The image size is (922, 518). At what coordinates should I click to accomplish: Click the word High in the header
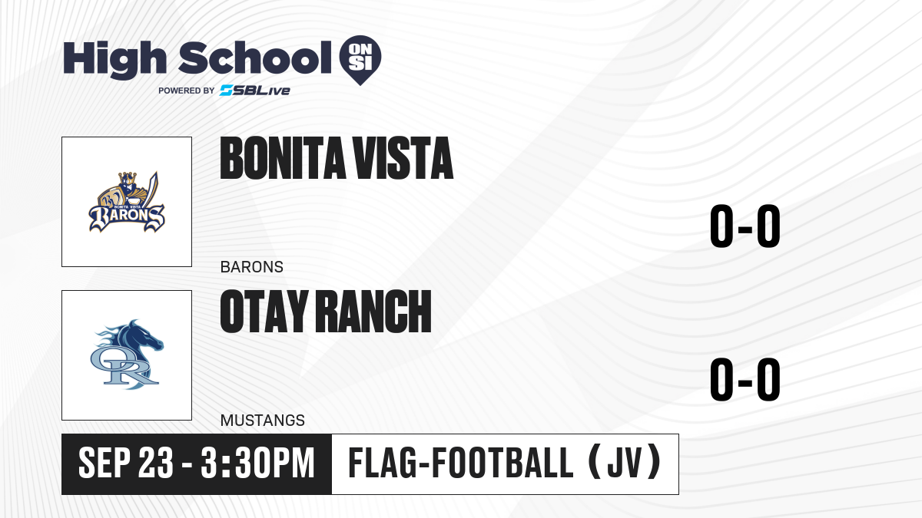click(114, 59)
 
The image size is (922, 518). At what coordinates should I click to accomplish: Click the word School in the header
click(255, 58)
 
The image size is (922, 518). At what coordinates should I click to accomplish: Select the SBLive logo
click(255, 91)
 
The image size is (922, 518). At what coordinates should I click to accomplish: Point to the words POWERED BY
click(187, 91)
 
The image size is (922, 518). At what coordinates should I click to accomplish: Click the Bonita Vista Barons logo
click(127, 202)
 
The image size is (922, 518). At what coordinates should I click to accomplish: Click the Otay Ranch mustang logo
click(127, 355)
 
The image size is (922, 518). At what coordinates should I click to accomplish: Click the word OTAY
click(264, 311)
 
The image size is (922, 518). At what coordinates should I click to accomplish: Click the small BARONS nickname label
click(252, 267)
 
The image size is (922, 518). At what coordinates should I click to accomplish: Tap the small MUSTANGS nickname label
click(263, 421)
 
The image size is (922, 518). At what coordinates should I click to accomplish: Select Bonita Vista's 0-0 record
click(745, 226)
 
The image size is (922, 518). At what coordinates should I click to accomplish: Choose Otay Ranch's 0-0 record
click(745, 379)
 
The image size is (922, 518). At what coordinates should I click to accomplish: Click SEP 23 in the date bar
click(126, 464)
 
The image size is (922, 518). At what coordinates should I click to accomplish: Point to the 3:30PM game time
click(257, 464)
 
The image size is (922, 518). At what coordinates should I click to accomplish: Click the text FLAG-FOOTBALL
click(460, 463)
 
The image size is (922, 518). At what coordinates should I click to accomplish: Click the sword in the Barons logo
click(151, 189)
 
